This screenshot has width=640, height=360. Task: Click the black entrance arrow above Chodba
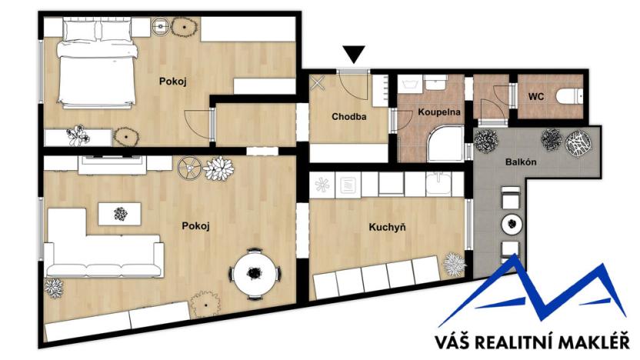(354, 55)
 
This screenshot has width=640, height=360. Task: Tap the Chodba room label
(349, 117)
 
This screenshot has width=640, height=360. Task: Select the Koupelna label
(438, 112)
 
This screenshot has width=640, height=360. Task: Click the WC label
(536, 96)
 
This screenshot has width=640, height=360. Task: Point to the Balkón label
(521, 163)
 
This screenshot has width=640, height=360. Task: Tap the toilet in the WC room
(572, 96)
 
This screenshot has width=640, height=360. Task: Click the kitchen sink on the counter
(438, 185)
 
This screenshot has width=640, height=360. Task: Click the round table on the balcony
(511, 225)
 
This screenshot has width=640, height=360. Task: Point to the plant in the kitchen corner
(455, 265)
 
